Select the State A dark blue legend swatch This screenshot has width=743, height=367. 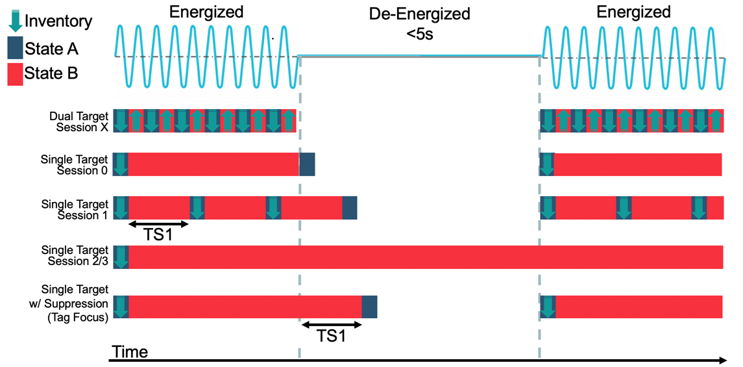tap(15, 48)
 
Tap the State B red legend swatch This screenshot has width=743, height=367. tap(15, 73)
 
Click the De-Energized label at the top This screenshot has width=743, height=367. tap(419, 14)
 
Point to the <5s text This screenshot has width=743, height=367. tap(419, 34)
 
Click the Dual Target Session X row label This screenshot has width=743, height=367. tap(79, 121)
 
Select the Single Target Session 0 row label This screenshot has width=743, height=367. tap(75, 165)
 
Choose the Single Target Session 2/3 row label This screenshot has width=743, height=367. tap(75, 255)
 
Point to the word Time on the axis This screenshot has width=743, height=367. tap(130, 353)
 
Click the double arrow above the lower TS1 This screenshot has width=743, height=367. tap(332, 323)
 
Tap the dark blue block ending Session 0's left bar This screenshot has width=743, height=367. tap(307, 164)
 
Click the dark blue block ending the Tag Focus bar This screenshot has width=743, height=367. tap(369, 306)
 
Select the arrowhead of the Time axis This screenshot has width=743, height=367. tap(722, 360)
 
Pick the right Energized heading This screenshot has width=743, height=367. tap(633, 12)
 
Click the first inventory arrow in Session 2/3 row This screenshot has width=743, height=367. tap(121, 257)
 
